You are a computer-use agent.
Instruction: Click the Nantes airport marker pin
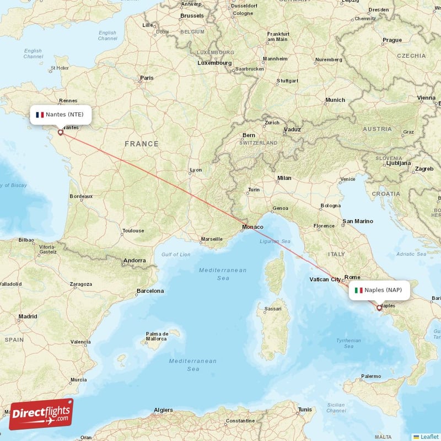tap(60, 132)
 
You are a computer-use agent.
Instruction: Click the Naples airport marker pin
tap(379, 307)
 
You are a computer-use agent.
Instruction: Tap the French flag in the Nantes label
tap(39, 115)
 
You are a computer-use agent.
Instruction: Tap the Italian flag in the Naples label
tap(358, 290)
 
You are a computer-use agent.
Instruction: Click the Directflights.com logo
tap(41, 414)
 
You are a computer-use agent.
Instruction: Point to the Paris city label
tap(147, 78)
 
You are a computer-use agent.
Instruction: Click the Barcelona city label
tap(150, 291)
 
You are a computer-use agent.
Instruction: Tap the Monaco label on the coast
tap(252, 227)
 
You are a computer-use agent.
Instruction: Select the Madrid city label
tap(28, 316)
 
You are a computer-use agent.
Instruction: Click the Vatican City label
tap(326, 279)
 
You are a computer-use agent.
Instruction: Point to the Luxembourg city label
tap(214, 63)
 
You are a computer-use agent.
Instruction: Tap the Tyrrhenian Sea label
tap(348, 343)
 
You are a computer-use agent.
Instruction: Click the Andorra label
tap(135, 260)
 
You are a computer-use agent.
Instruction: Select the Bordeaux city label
tap(81, 196)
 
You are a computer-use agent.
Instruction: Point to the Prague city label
tap(392, 40)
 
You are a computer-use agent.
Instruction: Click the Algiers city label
tap(163, 410)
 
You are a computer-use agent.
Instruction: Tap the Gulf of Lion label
tap(176, 254)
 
